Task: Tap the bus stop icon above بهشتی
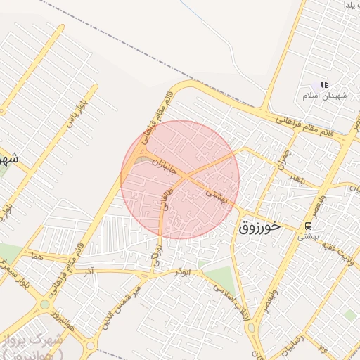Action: click(x=308, y=225)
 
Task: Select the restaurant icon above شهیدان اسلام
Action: click(x=324, y=84)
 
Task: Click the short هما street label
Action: click(x=37, y=258)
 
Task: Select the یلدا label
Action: click(x=352, y=5)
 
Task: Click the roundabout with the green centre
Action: click(x=45, y=304)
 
